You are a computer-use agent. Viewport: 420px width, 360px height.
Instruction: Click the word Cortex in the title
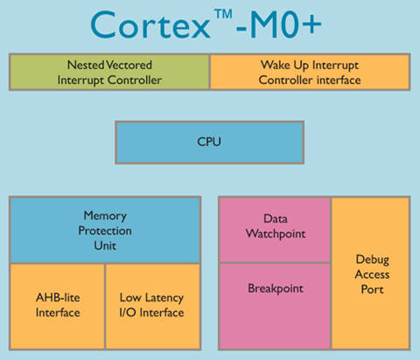point(150,25)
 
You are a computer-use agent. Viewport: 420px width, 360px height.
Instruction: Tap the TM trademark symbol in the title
point(223,14)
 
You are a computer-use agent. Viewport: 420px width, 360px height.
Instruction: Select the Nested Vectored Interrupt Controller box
point(109,72)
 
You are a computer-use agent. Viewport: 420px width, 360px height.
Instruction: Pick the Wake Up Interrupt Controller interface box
point(310,72)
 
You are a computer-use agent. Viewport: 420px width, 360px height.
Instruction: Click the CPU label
point(209,142)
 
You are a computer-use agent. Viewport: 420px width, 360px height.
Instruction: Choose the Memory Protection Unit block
point(105,230)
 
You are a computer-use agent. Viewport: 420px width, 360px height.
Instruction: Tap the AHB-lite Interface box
point(58,307)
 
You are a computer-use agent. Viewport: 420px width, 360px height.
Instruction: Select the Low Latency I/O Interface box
point(153,307)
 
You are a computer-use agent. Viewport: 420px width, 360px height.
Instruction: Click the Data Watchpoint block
point(275,229)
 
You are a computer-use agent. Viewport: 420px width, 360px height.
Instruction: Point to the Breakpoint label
point(276,289)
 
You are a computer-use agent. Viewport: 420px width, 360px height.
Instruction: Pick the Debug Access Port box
point(371,273)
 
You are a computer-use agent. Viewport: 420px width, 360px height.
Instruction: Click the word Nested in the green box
point(86,65)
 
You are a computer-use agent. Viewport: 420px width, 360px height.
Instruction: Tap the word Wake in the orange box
point(276,65)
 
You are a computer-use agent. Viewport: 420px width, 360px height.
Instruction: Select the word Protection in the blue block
point(105,230)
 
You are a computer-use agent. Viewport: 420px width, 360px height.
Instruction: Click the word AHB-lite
point(58,298)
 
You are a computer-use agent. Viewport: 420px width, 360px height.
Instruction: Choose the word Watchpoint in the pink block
point(276,234)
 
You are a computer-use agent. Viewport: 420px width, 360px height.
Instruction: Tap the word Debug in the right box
point(373,260)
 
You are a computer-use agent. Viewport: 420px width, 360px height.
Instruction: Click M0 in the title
point(270,25)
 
